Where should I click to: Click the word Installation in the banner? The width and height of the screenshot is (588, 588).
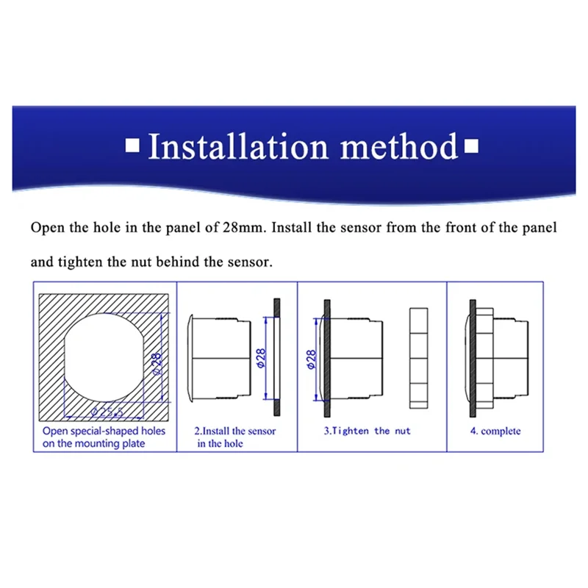238,146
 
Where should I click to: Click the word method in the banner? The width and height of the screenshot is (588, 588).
399,146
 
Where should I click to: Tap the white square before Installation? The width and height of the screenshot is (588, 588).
132,146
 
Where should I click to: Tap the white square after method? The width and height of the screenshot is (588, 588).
471,146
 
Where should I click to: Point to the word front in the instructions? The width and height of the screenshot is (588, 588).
462,227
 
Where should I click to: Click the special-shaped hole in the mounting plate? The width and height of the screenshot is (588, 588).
104,358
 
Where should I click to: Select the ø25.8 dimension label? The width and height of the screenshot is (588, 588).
107,412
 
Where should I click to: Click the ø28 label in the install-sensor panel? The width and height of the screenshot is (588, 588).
261,358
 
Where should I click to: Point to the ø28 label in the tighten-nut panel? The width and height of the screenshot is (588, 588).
312,359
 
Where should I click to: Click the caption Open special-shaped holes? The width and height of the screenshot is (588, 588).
104,431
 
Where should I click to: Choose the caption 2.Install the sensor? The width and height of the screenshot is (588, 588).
235,431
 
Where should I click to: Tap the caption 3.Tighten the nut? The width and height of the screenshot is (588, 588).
367,431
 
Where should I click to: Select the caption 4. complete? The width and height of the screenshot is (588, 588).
495,431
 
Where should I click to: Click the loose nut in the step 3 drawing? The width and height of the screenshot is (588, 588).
418,358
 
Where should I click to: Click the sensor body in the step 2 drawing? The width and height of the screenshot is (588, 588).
219,358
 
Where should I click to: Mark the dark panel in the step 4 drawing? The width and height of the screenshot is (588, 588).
473,358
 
